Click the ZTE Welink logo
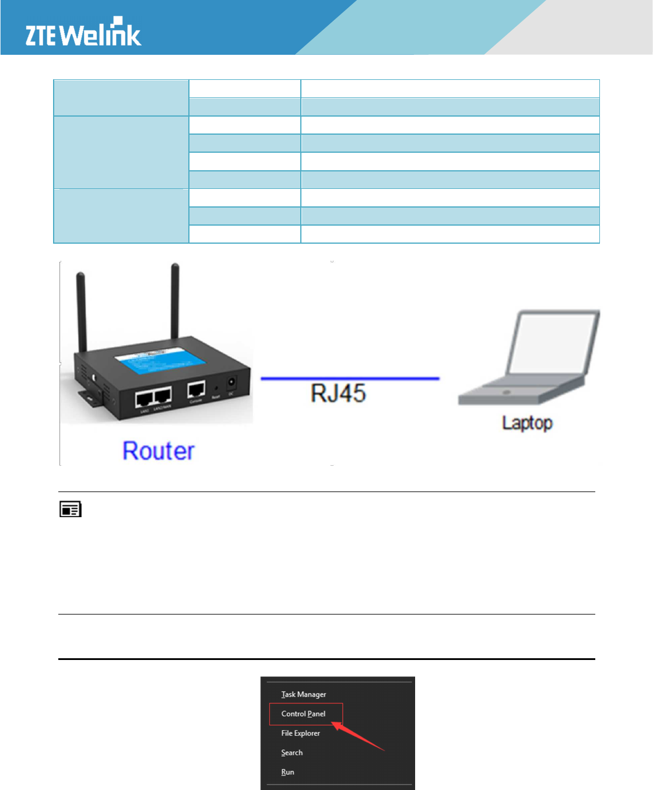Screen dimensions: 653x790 point(83,33)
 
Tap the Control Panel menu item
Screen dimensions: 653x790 point(304,714)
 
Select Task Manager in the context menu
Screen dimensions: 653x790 point(304,694)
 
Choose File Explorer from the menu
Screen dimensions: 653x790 point(301,733)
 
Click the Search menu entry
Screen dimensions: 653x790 point(292,753)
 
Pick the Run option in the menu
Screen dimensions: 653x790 point(287,772)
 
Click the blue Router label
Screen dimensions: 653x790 point(158,451)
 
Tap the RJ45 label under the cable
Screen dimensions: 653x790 point(338,394)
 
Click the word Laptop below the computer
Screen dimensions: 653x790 point(527,423)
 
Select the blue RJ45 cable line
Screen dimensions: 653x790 point(350,378)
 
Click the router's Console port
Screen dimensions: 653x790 point(196,391)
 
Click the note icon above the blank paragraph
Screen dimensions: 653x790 point(70,510)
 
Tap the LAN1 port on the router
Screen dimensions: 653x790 point(144,399)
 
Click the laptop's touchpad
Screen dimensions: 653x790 point(506,392)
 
